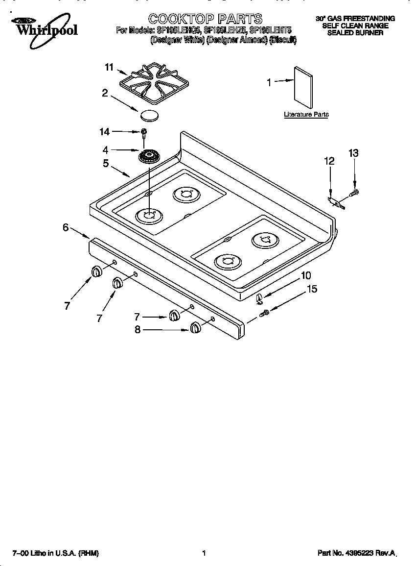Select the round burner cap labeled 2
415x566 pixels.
click(150, 116)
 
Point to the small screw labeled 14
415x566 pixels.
click(144, 132)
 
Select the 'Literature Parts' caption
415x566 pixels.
click(306, 115)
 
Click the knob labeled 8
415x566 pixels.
click(195, 328)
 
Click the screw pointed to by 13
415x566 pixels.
click(355, 192)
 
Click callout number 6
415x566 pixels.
click(66, 227)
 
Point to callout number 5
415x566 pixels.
click(106, 163)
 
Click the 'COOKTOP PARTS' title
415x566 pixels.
click(206, 19)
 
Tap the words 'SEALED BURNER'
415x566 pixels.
click(355, 33)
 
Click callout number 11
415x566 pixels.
click(109, 68)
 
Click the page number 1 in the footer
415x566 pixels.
click(204, 553)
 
